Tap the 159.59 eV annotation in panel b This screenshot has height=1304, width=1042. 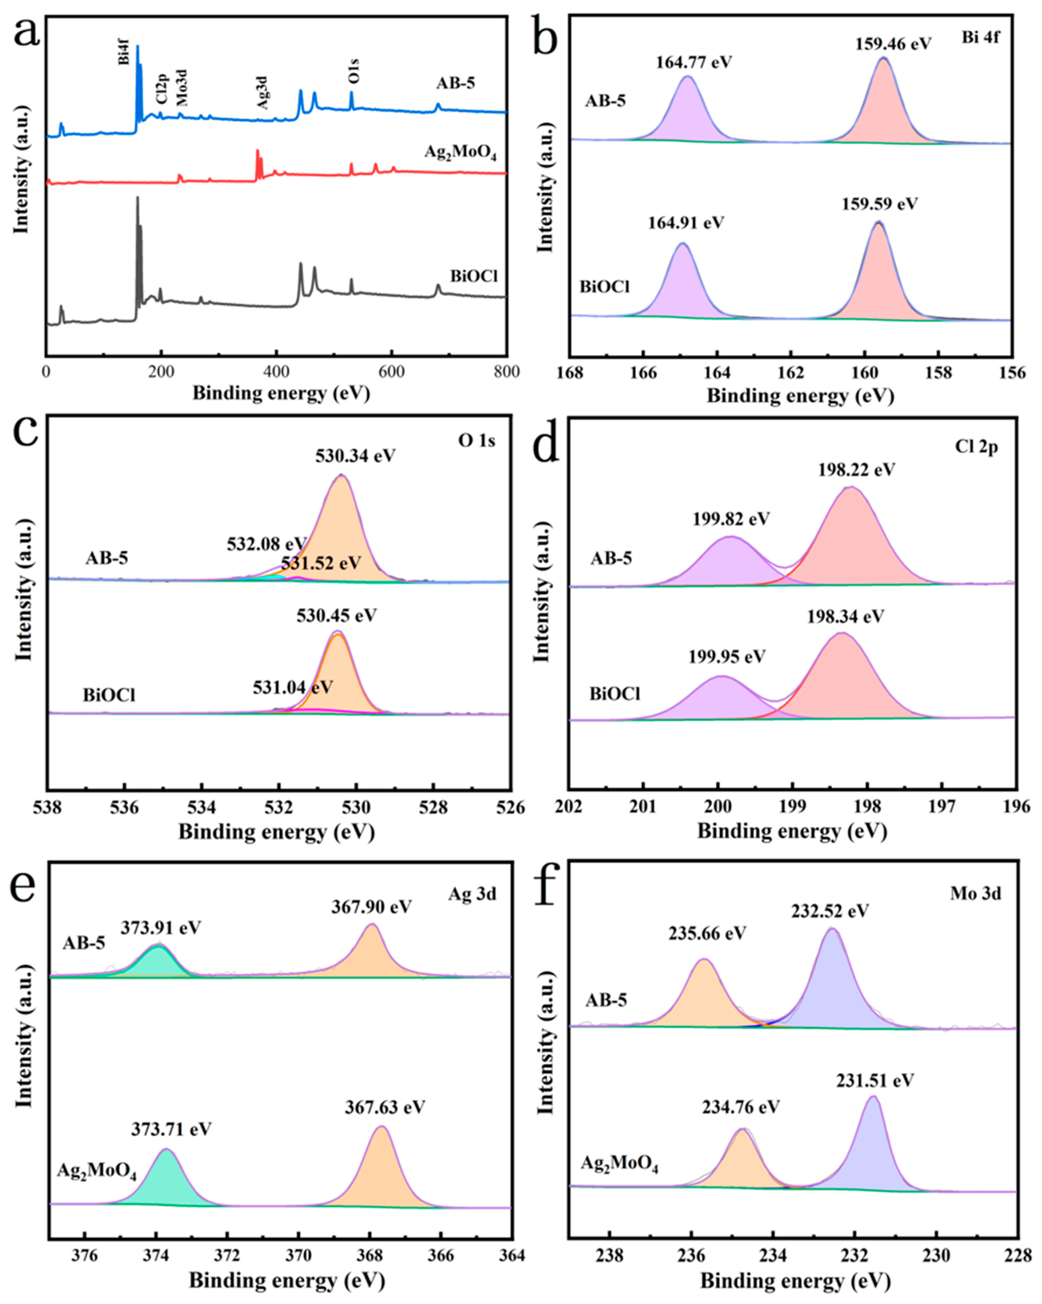point(879,204)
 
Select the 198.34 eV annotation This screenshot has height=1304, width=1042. point(845,617)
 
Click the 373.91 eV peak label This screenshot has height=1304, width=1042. point(160,928)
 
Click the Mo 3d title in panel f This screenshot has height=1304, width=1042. point(975,893)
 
